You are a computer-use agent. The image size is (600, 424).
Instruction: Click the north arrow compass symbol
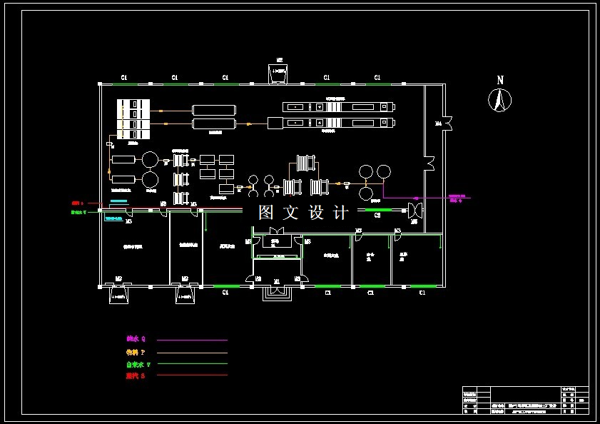click(x=500, y=100)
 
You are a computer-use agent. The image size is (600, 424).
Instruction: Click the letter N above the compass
click(x=500, y=80)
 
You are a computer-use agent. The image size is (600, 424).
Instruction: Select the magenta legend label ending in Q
click(x=136, y=339)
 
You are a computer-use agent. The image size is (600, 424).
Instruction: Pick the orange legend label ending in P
click(x=136, y=352)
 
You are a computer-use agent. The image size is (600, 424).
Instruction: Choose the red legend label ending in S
click(x=136, y=375)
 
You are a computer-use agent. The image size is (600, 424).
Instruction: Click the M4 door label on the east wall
click(x=438, y=123)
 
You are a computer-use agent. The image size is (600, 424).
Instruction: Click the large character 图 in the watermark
click(x=267, y=212)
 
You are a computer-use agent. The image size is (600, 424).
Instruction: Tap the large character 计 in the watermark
click(x=340, y=212)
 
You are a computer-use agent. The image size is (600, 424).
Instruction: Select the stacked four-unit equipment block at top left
click(x=133, y=118)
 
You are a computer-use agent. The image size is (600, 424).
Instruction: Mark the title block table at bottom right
click(x=525, y=400)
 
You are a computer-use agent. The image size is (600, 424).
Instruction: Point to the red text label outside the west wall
click(x=77, y=203)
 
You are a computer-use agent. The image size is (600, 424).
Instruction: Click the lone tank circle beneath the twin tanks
click(x=366, y=193)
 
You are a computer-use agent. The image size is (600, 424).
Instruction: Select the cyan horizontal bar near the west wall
click(x=118, y=201)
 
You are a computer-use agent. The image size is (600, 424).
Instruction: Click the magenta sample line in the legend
click(x=192, y=340)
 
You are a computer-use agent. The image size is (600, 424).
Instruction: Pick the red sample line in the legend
click(x=192, y=375)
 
